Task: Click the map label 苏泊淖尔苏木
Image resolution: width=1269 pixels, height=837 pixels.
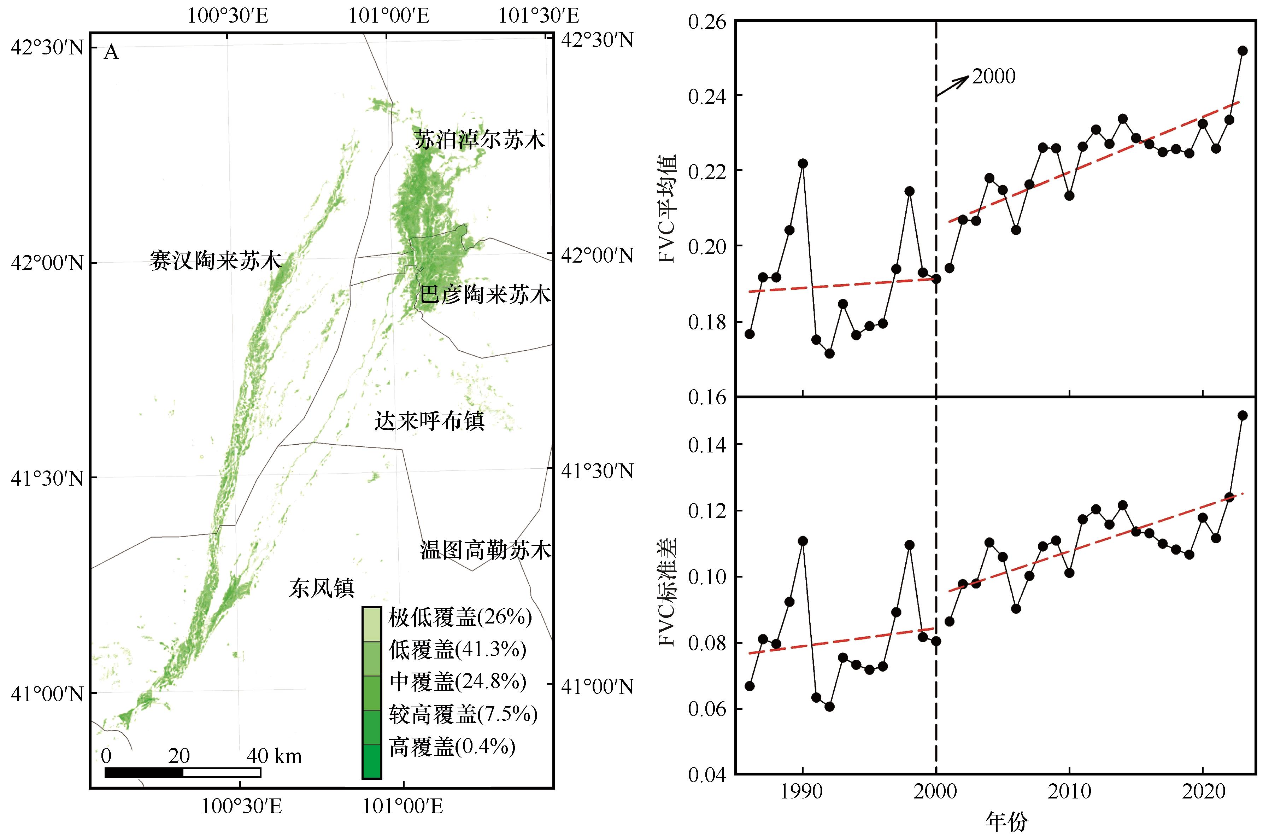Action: (480, 140)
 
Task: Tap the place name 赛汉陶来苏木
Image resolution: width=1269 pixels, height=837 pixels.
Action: (215, 261)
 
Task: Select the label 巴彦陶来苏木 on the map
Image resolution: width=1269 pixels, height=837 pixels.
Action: (484, 295)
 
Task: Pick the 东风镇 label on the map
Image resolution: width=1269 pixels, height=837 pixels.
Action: (322, 588)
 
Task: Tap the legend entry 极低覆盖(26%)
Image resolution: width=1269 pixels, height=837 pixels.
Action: (460, 617)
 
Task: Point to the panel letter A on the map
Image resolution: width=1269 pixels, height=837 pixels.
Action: (111, 52)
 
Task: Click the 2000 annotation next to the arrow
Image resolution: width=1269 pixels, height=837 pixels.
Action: (993, 77)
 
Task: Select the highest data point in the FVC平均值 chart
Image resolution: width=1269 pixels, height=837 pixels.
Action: (1242, 51)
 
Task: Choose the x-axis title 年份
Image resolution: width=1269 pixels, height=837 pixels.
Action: (1006, 822)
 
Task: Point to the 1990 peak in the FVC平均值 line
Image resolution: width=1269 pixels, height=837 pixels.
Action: (803, 163)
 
